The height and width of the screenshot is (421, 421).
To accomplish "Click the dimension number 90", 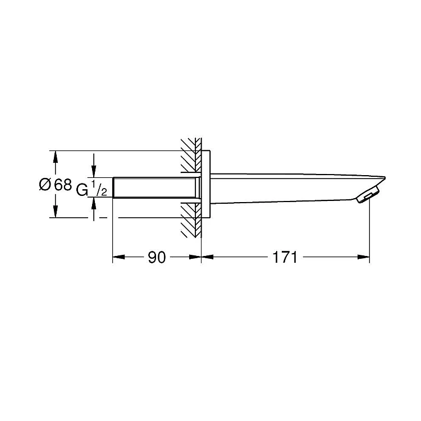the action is click(x=157, y=257).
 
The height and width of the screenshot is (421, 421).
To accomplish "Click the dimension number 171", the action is click(x=285, y=257).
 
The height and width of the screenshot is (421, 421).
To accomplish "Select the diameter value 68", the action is click(x=63, y=185).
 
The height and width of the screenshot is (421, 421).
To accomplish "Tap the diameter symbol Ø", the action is click(x=45, y=185).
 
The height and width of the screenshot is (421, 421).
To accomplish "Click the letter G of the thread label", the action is click(x=82, y=190).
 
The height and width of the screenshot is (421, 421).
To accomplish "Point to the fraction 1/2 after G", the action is click(x=99, y=188).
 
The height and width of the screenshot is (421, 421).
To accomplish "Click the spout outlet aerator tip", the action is click(x=368, y=195).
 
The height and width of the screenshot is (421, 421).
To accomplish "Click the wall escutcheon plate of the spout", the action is click(x=205, y=184).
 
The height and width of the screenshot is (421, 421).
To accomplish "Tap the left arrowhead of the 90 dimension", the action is click(x=118, y=257).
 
